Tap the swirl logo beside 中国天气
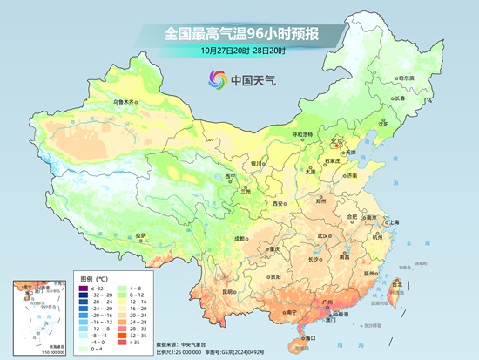point(215,80)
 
